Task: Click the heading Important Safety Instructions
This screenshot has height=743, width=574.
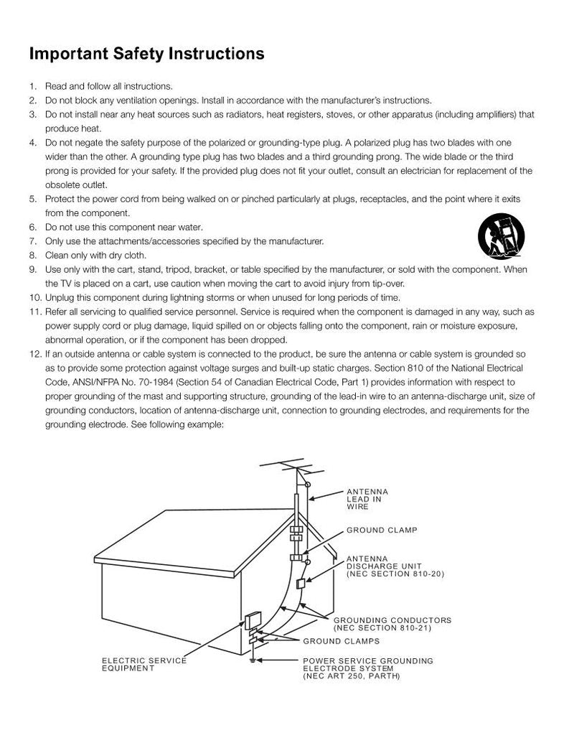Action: pos(146,54)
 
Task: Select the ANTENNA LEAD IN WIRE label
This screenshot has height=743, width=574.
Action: pos(367,499)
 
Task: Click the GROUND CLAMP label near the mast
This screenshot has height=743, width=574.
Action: pos(382,531)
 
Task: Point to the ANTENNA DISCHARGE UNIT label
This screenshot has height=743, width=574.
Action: pos(395,566)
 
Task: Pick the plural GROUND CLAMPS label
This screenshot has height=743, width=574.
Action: pos(341,641)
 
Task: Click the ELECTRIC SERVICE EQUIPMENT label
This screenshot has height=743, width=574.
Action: pos(143,664)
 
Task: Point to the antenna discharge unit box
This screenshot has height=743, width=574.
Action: pos(301,582)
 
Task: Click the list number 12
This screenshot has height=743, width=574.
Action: pos(34,354)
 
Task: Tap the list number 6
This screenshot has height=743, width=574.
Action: pos(33,227)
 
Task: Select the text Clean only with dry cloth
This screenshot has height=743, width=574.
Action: pos(95,255)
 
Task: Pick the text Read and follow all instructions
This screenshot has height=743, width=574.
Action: pos(108,86)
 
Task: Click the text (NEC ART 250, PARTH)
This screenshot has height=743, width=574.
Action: pos(351,676)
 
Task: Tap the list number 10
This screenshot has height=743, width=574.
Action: pos(34,298)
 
